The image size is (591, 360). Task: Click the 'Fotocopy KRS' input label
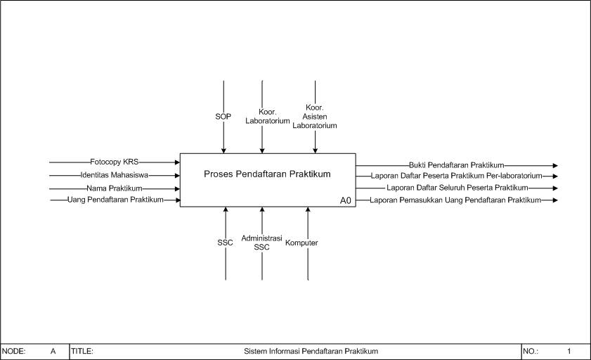pyautogui.click(x=115, y=162)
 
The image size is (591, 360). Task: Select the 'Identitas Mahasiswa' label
pyautogui.click(x=114, y=175)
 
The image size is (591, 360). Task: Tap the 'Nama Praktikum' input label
pyautogui.click(x=115, y=188)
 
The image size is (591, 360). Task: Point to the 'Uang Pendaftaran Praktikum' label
pyautogui.click(x=115, y=200)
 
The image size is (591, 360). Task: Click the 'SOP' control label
pyautogui.click(x=223, y=117)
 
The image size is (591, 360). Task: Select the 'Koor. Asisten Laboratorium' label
pyautogui.click(x=315, y=117)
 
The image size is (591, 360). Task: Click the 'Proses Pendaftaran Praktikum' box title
pyautogui.click(x=267, y=174)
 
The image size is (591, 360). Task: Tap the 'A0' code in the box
pyautogui.click(x=346, y=200)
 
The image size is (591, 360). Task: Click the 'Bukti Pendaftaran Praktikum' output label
pyautogui.click(x=456, y=165)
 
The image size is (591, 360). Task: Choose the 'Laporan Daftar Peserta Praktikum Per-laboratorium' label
pyautogui.click(x=457, y=176)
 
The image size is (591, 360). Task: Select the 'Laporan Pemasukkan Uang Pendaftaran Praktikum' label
pyautogui.click(x=455, y=200)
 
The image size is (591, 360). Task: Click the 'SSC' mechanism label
pyautogui.click(x=225, y=243)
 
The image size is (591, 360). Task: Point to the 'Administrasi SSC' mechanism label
pyautogui.click(x=261, y=243)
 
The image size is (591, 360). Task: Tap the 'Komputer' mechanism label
pyautogui.click(x=301, y=243)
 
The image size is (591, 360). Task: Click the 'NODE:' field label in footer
pyautogui.click(x=14, y=351)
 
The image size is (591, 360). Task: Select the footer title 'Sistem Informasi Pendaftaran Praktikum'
pyautogui.click(x=311, y=351)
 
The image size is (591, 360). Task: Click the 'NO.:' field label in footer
pyautogui.click(x=531, y=351)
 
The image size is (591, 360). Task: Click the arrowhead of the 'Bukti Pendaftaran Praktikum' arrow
pyautogui.click(x=555, y=165)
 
